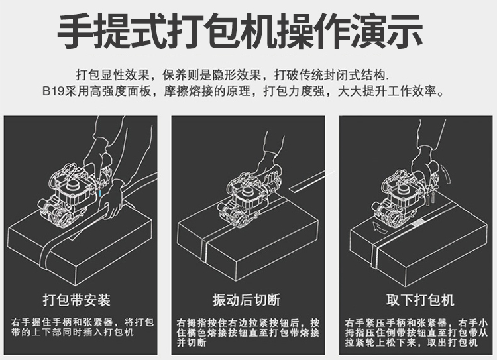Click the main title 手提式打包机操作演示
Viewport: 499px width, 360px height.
[x=241, y=31]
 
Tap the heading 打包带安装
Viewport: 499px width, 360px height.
[x=77, y=300]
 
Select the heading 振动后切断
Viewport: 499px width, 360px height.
[x=247, y=300]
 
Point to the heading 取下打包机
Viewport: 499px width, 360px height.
[x=420, y=300]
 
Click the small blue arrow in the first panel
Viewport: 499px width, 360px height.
[x=101, y=193]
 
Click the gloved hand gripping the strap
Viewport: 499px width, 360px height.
[x=112, y=200]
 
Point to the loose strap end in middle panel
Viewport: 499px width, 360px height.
[x=312, y=182]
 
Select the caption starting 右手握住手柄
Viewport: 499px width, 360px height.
[x=82, y=328]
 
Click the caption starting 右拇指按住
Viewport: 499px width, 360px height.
[x=249, y=333]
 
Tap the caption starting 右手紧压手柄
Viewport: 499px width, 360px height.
[x=416, y=333]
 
